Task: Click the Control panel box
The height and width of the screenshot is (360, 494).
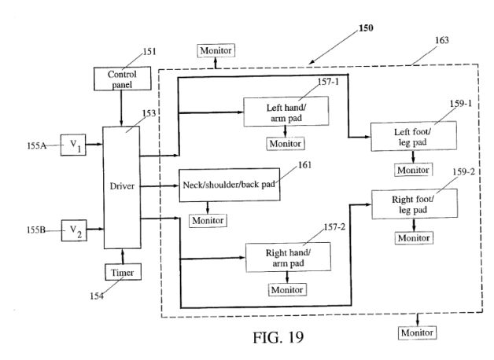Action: pyautogui.click(x=122, y=79)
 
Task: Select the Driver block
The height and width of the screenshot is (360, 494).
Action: pyautogui.click(x=122, y=188)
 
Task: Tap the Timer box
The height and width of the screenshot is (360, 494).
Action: pyautogui.click(x=123, y=272)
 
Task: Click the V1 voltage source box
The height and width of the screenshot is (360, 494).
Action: pyautogui.click(x=73, y=145)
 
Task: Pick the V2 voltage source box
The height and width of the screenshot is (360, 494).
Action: pyautogui.click(x=74, y=230)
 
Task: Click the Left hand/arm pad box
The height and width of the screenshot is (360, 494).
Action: pyautogui.click(x=286, y=112)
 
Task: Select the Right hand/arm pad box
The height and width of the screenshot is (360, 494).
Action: pyautogui.click(x=288, y=257)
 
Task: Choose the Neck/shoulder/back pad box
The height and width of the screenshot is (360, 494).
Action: pyautogui.click(x=230, y=185)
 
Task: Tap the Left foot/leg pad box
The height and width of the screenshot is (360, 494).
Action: pyautogui.click(x=414, y=136)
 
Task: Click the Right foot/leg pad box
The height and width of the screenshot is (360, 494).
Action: pyautogui.click(x=415, y=204)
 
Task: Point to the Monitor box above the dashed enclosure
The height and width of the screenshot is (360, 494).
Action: pyautogui.click(x=216, y=50)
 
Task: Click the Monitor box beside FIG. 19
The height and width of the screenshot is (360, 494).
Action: pyautogui.click(x=417, y=332)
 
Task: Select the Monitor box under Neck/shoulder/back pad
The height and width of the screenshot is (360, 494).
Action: pyautogui.click(x=208, y=220)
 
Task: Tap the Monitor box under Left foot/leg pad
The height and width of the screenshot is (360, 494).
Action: pyautogui.click(x=413, y=170)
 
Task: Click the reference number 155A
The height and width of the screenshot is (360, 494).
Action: pyautogui.click(x=36, y=145)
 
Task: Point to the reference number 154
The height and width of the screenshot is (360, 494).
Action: pyautogui.click(x=97, y=296)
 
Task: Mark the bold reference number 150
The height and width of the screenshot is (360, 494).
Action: pyautogui.click(x=366, y=28)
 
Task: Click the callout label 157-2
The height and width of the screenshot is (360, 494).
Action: pyautogui.click(x=334, y=227)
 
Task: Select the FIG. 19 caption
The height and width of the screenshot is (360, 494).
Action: pyautogui.click(x=278, y=337)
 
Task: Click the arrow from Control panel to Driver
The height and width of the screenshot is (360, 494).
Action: pyautogui.click(x=121, y=108)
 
